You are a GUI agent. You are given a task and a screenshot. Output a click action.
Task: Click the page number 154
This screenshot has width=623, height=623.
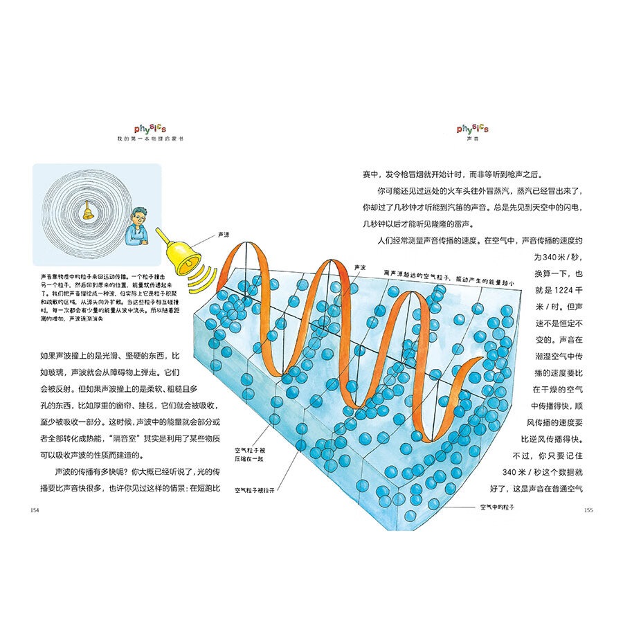pyautogui.click(x=35, y=510)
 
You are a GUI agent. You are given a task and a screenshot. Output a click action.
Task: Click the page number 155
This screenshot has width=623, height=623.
pyautogui.click(x=589, y=510)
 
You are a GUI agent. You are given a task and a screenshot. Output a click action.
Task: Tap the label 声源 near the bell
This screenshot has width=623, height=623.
pyautogui.click(x=224, y=235)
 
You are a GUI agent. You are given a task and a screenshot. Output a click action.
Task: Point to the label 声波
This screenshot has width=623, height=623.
pyautogui.click(x=359, y=267)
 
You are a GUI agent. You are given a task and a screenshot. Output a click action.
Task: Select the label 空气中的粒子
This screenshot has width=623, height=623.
pyautogui.click(x=499, y=506)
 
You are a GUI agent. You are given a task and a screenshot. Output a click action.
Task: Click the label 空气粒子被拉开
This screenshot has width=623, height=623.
pyautogui.click(x=255, y=489)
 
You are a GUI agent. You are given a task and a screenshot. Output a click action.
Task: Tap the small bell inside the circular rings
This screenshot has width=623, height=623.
pyautogui.click(x=89, y=213)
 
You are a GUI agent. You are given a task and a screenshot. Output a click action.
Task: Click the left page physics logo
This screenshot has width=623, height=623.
pyautogui.click(x=150, y=129)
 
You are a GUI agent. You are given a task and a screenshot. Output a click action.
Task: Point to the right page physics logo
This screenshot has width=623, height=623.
pyautogui.click(x=473, y=129)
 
